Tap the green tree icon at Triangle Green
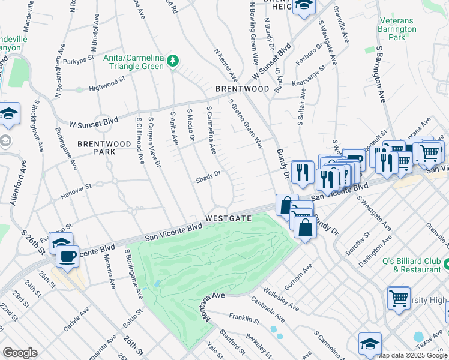(173, 61)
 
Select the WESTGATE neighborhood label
(228, 218)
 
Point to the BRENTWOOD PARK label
(104, 148)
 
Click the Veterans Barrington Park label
(397, 29)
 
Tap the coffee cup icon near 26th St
(67, 256)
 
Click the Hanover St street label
(76, 187)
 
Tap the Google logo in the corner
(20, 353)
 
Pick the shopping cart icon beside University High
(399, 298)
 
